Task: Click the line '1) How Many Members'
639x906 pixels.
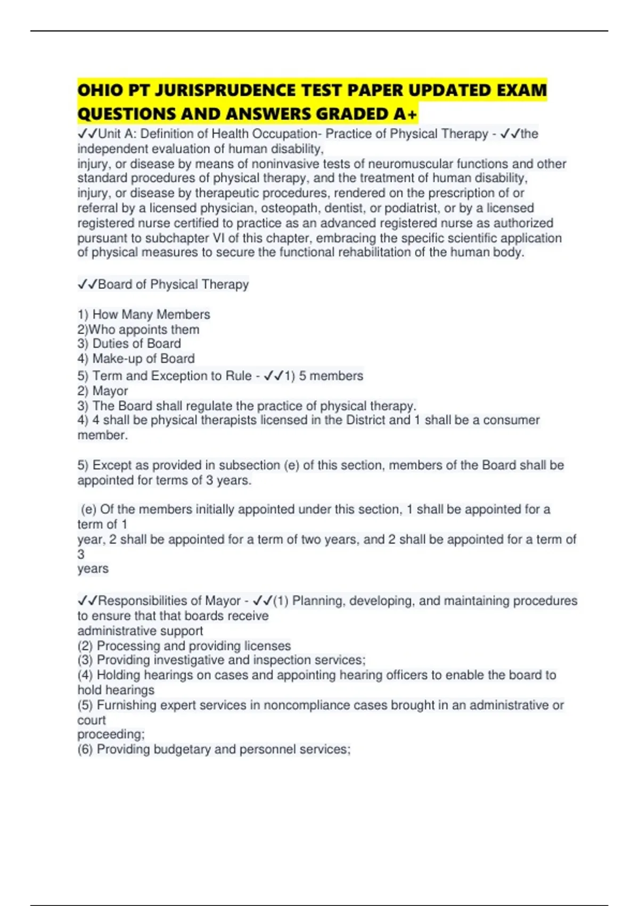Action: pos(144,314)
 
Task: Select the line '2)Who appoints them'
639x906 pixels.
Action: pos(138,329)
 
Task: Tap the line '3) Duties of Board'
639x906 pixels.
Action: pos(129,344)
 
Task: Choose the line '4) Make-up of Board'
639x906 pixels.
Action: pos(136,359)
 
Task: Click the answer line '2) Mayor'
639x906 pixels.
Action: pos(103,391)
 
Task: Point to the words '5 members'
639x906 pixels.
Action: pos(331,376)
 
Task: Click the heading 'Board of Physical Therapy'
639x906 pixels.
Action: pos(173,285)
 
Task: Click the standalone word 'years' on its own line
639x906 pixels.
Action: pos(93,569)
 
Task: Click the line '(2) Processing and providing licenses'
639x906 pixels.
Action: pos(184,646)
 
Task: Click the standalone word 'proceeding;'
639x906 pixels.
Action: pos(111,734)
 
